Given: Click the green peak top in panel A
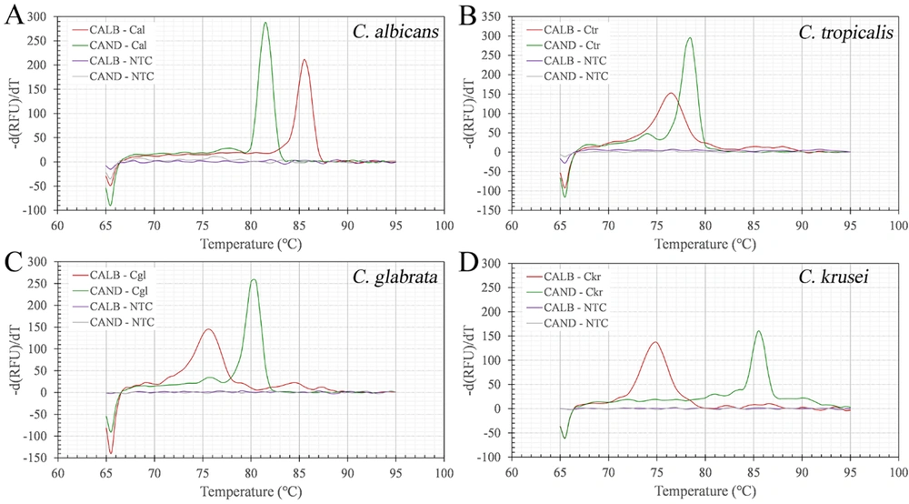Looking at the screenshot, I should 265,23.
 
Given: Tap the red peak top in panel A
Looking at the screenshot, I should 305,60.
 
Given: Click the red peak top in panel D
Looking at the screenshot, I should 654,342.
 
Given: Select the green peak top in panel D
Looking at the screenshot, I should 759,331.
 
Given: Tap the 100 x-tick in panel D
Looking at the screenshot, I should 898,472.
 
